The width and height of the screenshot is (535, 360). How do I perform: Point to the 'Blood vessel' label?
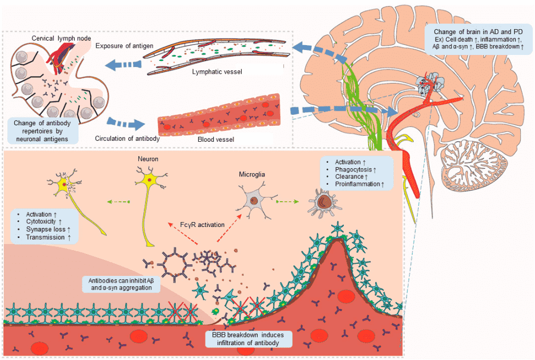click(x=216, y=140)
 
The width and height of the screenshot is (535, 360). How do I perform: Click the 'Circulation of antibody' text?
click(x=127, y=139)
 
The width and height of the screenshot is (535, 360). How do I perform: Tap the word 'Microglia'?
click(x=253, y=174)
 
